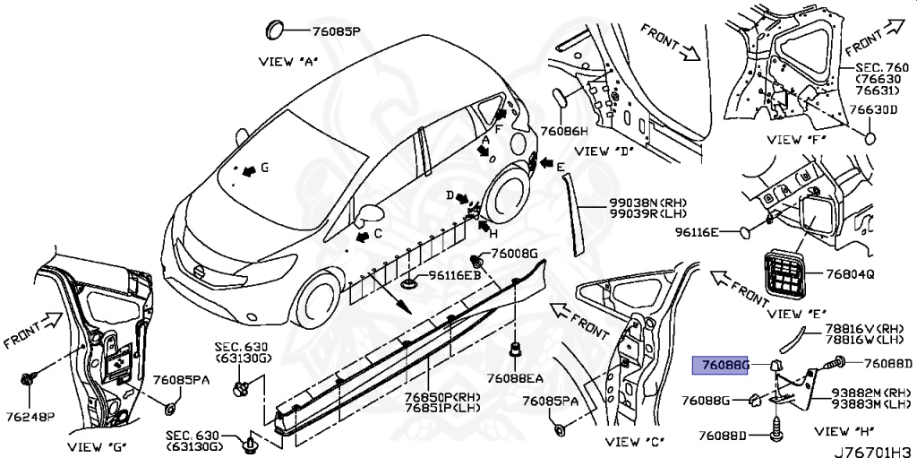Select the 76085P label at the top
click(336, 31)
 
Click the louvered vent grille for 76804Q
click(784, 273)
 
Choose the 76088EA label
click(517, 376)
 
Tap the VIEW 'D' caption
click(603, 151)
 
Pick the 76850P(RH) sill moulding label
click(439, 397)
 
